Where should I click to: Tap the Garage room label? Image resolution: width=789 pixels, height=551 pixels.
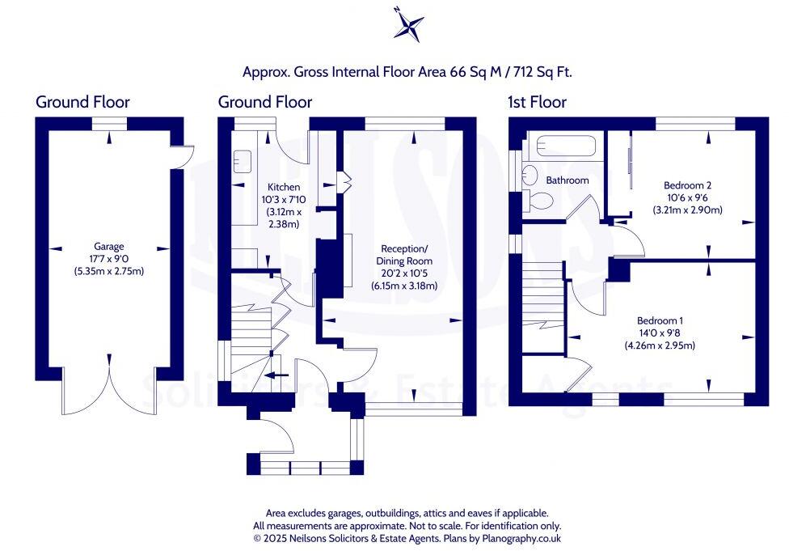108,247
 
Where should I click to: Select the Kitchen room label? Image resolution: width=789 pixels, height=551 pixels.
266,187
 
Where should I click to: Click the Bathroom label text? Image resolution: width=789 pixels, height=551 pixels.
567,180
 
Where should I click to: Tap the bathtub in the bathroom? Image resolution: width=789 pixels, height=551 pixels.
565,147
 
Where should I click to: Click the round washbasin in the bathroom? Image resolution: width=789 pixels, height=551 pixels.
530,173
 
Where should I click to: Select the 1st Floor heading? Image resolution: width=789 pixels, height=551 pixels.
537,102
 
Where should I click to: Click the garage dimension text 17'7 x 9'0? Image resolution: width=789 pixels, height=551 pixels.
108,259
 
